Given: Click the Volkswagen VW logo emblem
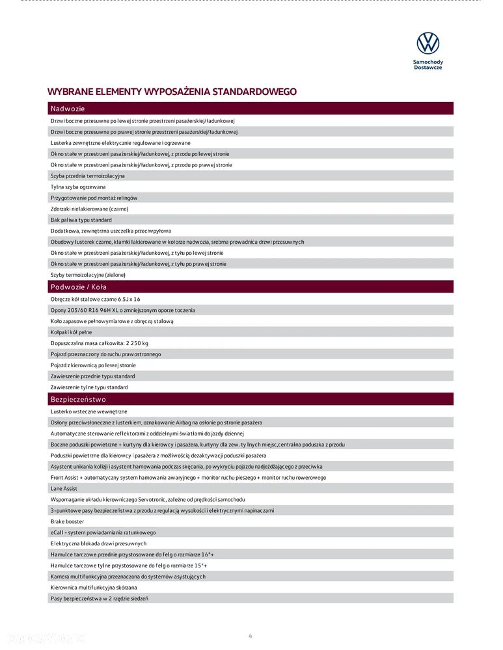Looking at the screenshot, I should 428,44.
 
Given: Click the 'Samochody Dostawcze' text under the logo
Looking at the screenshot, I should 428,65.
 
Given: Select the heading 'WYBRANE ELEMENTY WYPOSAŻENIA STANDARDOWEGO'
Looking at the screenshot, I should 172,92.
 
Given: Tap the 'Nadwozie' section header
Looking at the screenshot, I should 68,109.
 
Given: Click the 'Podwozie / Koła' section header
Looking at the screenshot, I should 79,287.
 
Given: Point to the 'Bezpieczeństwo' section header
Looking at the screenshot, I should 78,399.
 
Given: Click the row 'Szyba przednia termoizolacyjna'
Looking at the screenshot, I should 88,175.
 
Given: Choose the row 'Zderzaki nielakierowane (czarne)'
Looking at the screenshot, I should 89,209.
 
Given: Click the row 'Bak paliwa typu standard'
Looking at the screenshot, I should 81,220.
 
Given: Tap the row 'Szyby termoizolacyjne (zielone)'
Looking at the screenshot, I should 88,275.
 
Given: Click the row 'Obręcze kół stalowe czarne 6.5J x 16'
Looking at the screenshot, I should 95,299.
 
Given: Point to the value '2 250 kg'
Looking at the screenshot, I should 136,343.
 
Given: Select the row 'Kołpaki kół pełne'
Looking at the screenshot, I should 71,332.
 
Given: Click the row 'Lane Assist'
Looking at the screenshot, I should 64,488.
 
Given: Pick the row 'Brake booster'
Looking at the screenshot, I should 67,521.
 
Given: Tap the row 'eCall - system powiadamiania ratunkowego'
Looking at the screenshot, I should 103,532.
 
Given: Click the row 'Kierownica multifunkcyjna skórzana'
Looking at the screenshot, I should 94,588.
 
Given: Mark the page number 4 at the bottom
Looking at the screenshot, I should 251,636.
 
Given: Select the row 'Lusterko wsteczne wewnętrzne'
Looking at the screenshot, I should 88,411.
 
